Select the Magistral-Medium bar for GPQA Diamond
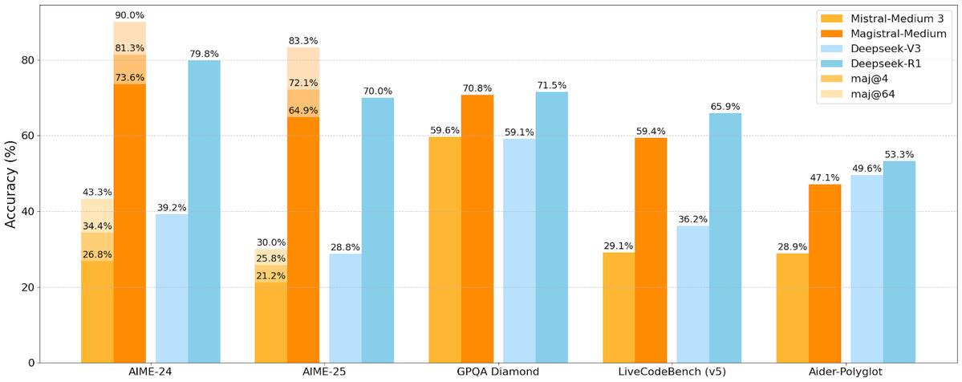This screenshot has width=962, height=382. tap(477, 229)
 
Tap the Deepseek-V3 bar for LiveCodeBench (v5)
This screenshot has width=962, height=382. tap(692, 294)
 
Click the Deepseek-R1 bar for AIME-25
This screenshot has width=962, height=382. tap(378, 230)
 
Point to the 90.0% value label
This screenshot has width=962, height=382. tap(129, 15)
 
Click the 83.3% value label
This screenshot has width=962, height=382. tap(303, 41)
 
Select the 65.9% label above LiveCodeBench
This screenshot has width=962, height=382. tap(725, 107)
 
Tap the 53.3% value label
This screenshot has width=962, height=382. tap(899, 155)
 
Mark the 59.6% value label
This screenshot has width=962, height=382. tap(444, 131)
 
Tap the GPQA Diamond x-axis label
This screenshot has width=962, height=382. tap(497, 372)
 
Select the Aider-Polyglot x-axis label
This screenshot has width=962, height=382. tap(846, 372)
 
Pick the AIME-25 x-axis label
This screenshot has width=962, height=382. tap(324, 372)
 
